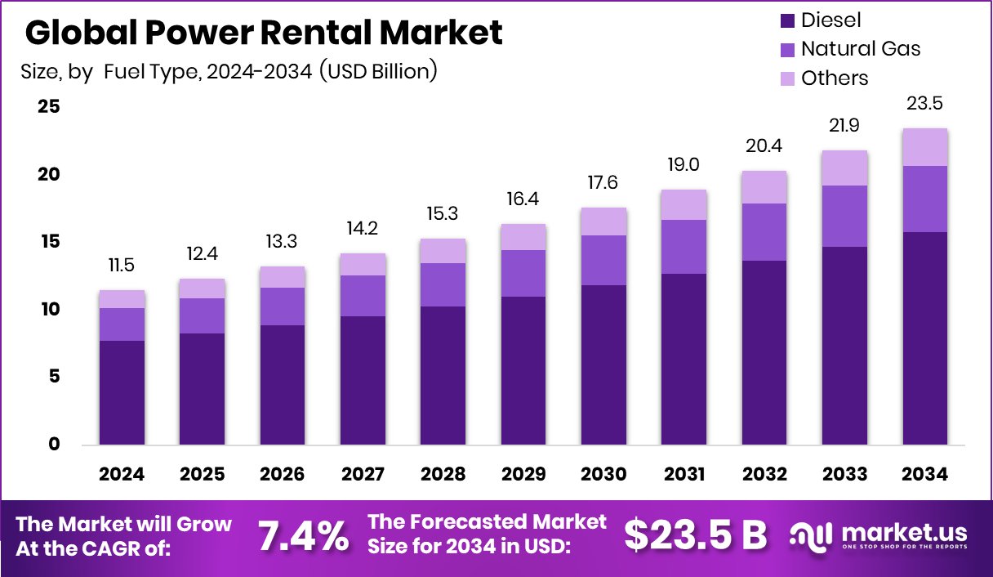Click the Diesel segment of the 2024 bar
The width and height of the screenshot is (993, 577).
tap(122, 392)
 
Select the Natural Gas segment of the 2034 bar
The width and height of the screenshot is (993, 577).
tap(925, 199)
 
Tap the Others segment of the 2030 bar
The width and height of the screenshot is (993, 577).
tap(604, 221)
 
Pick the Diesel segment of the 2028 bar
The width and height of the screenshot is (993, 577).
tap(443, 375)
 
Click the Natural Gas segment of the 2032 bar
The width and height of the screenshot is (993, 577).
tap(764, 232)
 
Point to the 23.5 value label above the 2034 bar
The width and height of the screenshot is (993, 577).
tap(925, 104)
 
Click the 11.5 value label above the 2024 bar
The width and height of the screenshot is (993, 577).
tap(122, 266)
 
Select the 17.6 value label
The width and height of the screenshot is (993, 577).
tap(604, 183)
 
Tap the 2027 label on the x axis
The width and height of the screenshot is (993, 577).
tap(363, 475)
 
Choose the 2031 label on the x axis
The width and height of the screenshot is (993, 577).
tap(684, 475)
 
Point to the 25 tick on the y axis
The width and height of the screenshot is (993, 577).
tap(48, 107)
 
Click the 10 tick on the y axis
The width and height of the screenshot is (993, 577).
tap(48, 310)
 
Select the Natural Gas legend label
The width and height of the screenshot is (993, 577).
tap(861, 49)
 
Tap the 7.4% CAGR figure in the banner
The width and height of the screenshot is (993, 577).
tap(303, 536)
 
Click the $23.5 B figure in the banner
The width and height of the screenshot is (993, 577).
tap(696, 535)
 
